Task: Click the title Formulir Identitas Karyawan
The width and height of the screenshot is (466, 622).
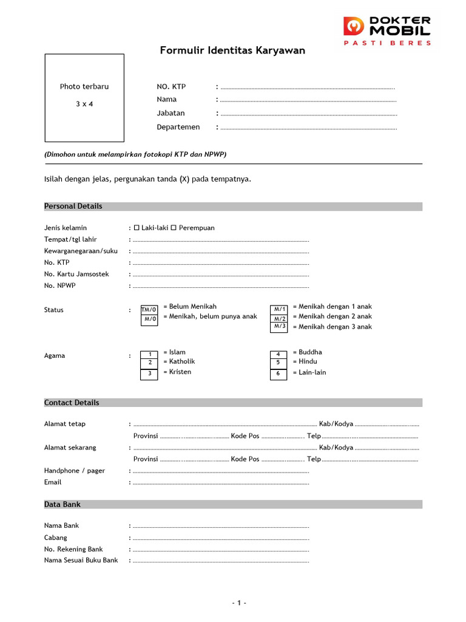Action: click(232, 50)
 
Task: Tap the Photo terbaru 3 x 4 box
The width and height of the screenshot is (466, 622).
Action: click(84, 98)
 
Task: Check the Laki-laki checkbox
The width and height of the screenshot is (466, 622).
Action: click(137, 228)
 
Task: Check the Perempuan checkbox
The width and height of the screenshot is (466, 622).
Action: click(173, 228)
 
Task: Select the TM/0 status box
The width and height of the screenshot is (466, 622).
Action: click(149, 310)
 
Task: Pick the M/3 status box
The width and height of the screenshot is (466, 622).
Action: click(279, 327)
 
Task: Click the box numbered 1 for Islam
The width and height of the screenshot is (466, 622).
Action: click(149, 354)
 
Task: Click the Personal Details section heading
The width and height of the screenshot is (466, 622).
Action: click(73, 207)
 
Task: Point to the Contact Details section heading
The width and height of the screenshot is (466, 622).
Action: click(72, 403)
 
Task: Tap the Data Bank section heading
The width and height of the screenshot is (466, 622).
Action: click(62, 505)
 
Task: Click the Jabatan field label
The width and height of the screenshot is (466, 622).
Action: click(171, 113)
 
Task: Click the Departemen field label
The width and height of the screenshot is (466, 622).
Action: click(178, 127)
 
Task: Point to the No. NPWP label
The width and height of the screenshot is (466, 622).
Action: click(60, 285)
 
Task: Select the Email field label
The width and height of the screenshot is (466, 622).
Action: click(53, 482)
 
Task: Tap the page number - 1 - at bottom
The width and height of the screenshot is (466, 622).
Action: click(239, 603)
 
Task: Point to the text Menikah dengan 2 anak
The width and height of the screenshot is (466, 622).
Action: click(332, 316)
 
